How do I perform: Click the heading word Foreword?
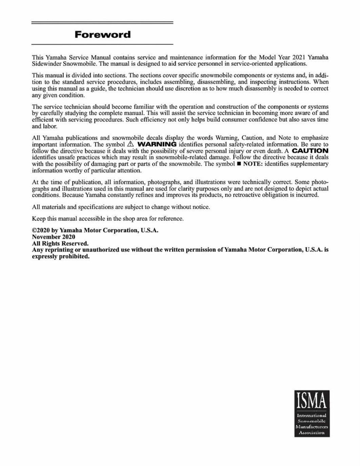click(x=102, y=35)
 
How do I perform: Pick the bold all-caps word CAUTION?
click(x=310, y=151)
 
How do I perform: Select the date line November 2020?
click(x=54, y=237)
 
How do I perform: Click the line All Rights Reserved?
click(x=60, y=243)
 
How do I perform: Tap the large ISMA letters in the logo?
click(x=312, y=401)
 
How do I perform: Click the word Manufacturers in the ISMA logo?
click(x=312, y=427)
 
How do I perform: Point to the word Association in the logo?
click(x=312, y=432)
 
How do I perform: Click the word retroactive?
click(x=254, y=195)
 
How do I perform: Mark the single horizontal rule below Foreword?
click(x=102, y=44)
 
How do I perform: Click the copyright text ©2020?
click(x=40, y=230)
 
